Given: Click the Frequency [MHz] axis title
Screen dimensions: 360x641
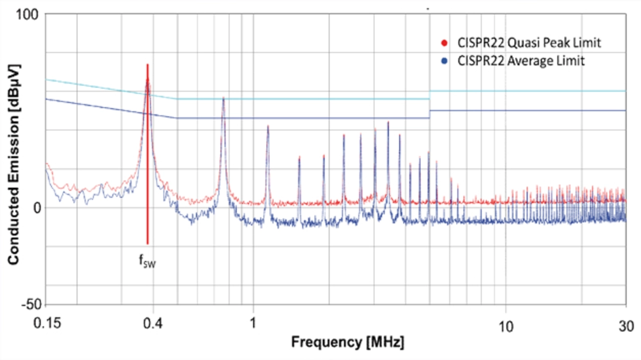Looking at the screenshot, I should pos(348,343).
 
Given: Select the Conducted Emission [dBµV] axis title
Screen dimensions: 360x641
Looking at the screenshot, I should pos(14,164).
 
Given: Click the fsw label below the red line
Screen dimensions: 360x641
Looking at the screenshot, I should pos(147,261).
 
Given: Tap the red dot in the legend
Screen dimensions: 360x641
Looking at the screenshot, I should pos(443,43).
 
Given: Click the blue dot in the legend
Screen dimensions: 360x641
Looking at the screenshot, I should pos(443,62).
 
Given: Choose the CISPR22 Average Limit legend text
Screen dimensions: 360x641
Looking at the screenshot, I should pos(521,62).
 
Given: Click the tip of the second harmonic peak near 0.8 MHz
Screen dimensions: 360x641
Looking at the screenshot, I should pos(223,98).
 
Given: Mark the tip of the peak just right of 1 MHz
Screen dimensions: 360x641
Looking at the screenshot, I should pos(268,126).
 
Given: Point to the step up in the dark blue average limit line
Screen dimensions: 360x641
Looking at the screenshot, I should pos(430,114).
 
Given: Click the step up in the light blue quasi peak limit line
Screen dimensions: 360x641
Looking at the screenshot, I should pos(430,95).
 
